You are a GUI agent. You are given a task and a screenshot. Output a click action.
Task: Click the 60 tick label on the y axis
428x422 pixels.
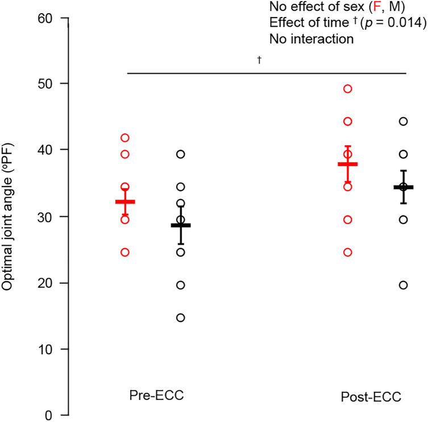(x=45, y=18)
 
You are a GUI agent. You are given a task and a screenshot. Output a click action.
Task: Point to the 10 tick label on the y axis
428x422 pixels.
(x=45, y=349)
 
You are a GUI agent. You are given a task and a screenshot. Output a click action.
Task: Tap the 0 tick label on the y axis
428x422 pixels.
(x=49, y=415)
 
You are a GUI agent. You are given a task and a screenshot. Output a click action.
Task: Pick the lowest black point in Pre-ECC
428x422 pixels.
(x=181, y=317)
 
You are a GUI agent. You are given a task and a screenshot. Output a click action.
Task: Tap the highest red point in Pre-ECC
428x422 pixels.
(x=125, y=138)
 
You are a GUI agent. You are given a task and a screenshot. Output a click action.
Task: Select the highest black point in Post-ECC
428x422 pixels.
(x=404, y=121)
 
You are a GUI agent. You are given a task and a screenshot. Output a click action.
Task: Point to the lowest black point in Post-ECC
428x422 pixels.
(x=404, y=285)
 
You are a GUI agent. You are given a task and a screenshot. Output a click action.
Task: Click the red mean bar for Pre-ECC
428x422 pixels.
(x=125, y=202)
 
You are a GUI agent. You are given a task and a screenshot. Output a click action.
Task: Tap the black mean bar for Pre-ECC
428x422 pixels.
(x=181, y=225)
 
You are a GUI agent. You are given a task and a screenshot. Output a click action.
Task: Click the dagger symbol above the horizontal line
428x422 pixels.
(x=259, y=60)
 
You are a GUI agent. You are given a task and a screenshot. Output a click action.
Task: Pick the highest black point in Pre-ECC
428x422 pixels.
(x=181, y=154)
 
